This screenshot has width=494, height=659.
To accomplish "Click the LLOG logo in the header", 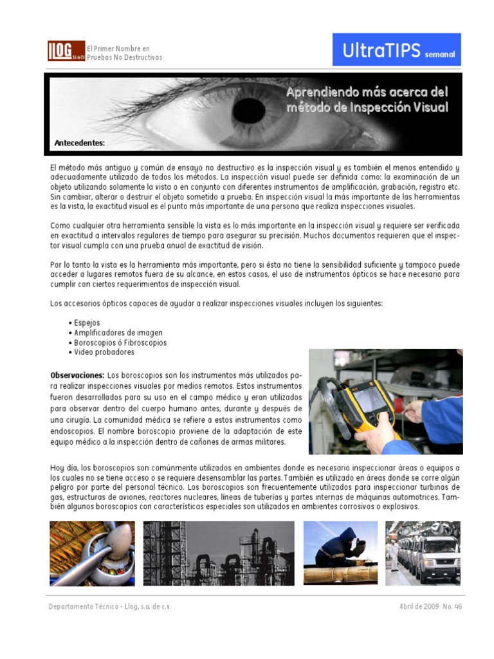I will [x=66, y=51].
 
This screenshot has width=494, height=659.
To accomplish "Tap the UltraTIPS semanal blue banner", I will [x=396, y=50].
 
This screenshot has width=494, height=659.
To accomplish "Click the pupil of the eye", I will [x=249, y=111].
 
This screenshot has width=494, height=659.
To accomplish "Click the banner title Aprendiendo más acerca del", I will [x=366, y=93].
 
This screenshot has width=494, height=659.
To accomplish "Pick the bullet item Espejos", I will [x=87, y=322].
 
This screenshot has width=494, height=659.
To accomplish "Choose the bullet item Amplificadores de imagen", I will [x=118, y=333].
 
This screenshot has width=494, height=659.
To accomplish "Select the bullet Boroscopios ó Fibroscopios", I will [x=120, y=342].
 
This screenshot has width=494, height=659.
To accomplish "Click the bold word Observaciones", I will [x=77, y=375].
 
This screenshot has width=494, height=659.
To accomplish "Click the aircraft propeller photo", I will [x=92, y=553].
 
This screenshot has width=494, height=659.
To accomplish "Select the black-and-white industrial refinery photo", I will [x=219, y=553].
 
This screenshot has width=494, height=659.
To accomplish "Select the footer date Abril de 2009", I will [x=419, y=607].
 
